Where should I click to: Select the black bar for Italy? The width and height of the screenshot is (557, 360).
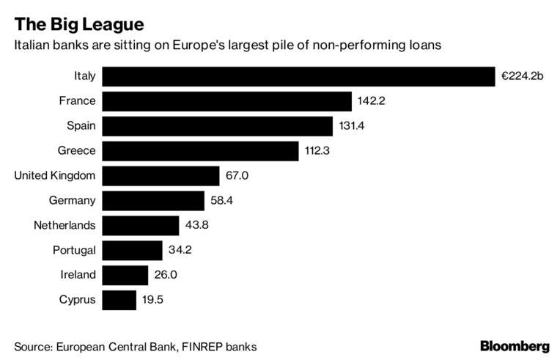click(299, 76)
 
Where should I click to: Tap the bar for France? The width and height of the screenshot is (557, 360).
click(227, 101)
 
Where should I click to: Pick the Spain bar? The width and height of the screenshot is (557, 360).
click(218, 126)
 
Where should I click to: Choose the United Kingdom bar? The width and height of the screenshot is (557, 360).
click(161, 176)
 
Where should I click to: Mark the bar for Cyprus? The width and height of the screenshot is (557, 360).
click(119, 300)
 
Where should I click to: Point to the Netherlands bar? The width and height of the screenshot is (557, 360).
click(141, 225)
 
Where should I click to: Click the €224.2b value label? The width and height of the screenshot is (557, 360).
click(523, 76)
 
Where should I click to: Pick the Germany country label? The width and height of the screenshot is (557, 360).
click(72, 200)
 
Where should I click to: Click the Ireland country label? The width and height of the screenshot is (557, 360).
click(78, 275)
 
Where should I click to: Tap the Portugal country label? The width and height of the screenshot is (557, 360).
click(74, 250)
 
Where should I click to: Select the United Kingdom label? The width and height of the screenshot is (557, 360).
click(55, 176)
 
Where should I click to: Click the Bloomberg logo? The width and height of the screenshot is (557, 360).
click(514, 345)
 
